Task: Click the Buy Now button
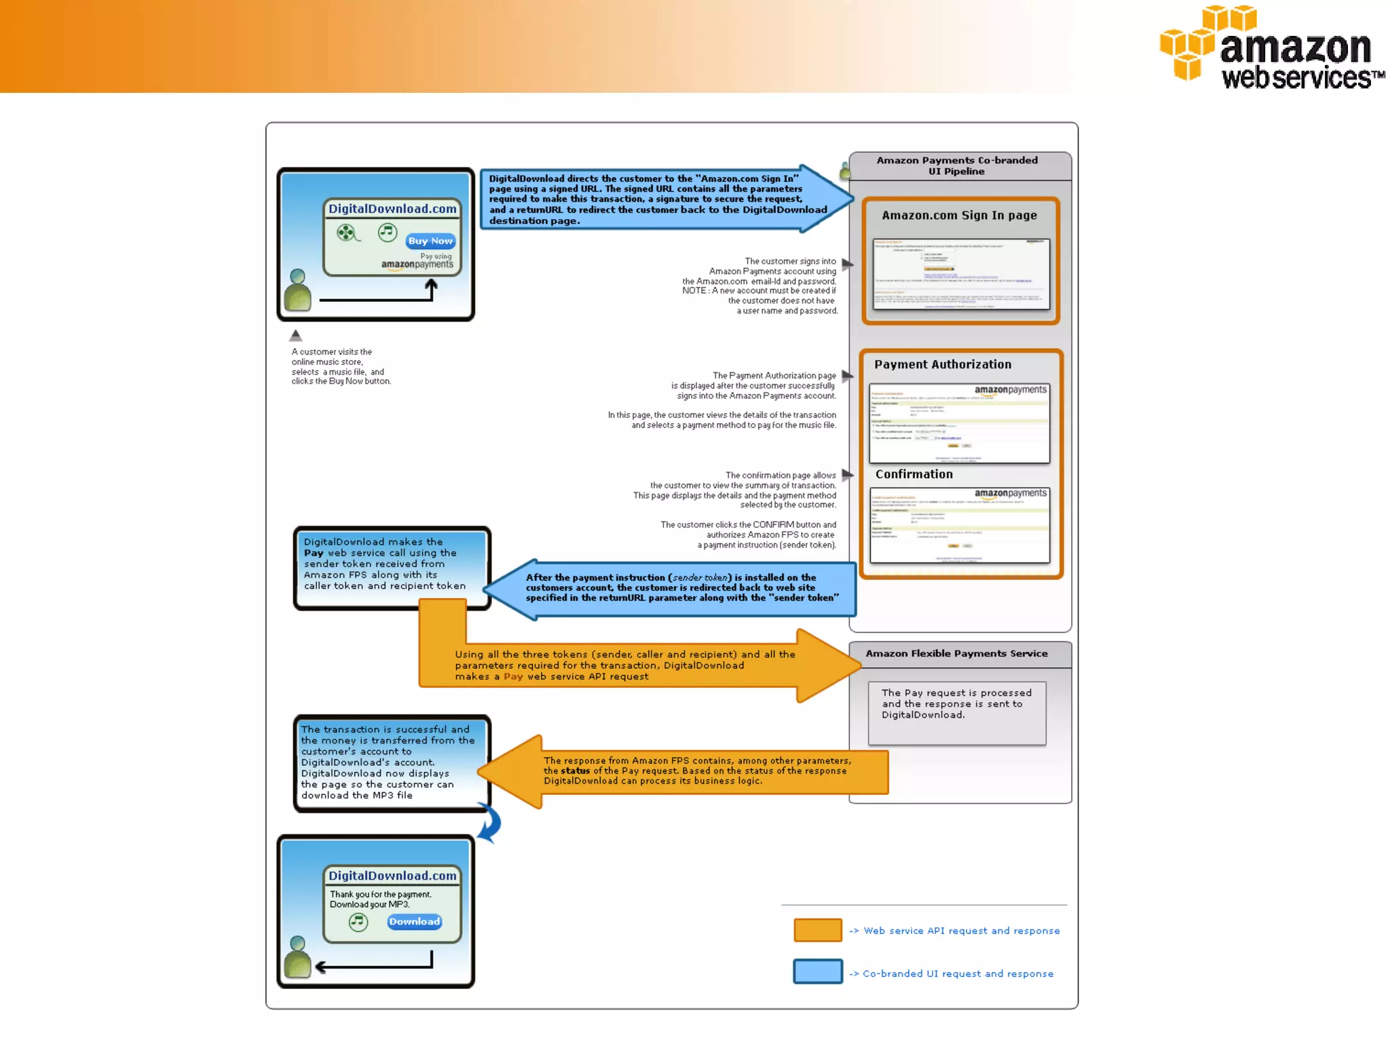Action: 430,241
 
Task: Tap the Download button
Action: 414,921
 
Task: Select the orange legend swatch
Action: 817,930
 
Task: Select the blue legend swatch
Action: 817,971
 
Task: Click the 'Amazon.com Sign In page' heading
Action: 959,215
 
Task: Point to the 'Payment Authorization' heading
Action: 943,364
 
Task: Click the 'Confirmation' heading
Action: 914,474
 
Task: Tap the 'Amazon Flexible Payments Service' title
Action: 956,653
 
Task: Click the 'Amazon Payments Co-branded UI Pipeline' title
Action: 956,166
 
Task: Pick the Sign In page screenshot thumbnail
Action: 960,273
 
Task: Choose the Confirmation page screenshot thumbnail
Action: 960,525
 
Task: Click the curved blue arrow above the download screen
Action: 490,823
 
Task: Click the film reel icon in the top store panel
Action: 347,233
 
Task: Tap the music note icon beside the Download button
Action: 358,922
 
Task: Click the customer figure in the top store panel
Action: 297,291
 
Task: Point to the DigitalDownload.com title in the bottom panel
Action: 392,876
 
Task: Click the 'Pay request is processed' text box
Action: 956,712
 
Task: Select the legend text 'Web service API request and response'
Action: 961,931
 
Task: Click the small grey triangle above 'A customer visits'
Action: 295,336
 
